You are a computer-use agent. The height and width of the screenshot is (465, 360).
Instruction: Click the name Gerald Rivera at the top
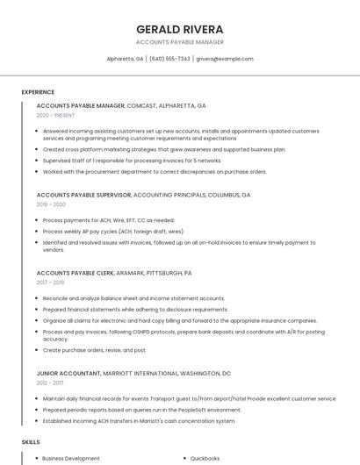pos(180,29)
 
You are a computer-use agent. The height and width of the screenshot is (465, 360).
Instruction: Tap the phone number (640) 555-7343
pos(169,59)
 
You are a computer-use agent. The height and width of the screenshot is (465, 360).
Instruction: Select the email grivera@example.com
pos(224,59)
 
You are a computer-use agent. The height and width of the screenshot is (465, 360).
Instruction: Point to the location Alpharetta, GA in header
pos(125,59)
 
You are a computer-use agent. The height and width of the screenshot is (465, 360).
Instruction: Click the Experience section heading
pos(38,92)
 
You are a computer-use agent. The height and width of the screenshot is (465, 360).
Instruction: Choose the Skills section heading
pos(30,442)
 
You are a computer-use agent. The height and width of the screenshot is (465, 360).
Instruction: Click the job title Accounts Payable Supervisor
pos(83,195)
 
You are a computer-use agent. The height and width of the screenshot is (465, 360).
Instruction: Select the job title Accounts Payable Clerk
pos(75,273)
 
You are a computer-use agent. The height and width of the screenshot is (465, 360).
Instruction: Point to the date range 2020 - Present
pos(55,115)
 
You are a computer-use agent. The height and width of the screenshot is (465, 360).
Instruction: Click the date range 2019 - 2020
pos(51,204)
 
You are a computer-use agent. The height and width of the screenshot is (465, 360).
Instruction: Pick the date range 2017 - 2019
pos(50,283)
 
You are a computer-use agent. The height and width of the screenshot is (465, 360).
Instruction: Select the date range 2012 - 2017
pos(50,383)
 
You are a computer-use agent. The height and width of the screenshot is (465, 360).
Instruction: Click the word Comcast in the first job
pos(141,105)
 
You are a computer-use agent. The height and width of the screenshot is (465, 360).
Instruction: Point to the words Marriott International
pos(148,373)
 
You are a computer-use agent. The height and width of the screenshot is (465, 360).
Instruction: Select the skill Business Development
pos(71,458)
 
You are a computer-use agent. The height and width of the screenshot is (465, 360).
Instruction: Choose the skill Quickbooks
pos(205,458)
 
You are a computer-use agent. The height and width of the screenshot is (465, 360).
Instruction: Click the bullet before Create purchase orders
pos(37,350)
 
